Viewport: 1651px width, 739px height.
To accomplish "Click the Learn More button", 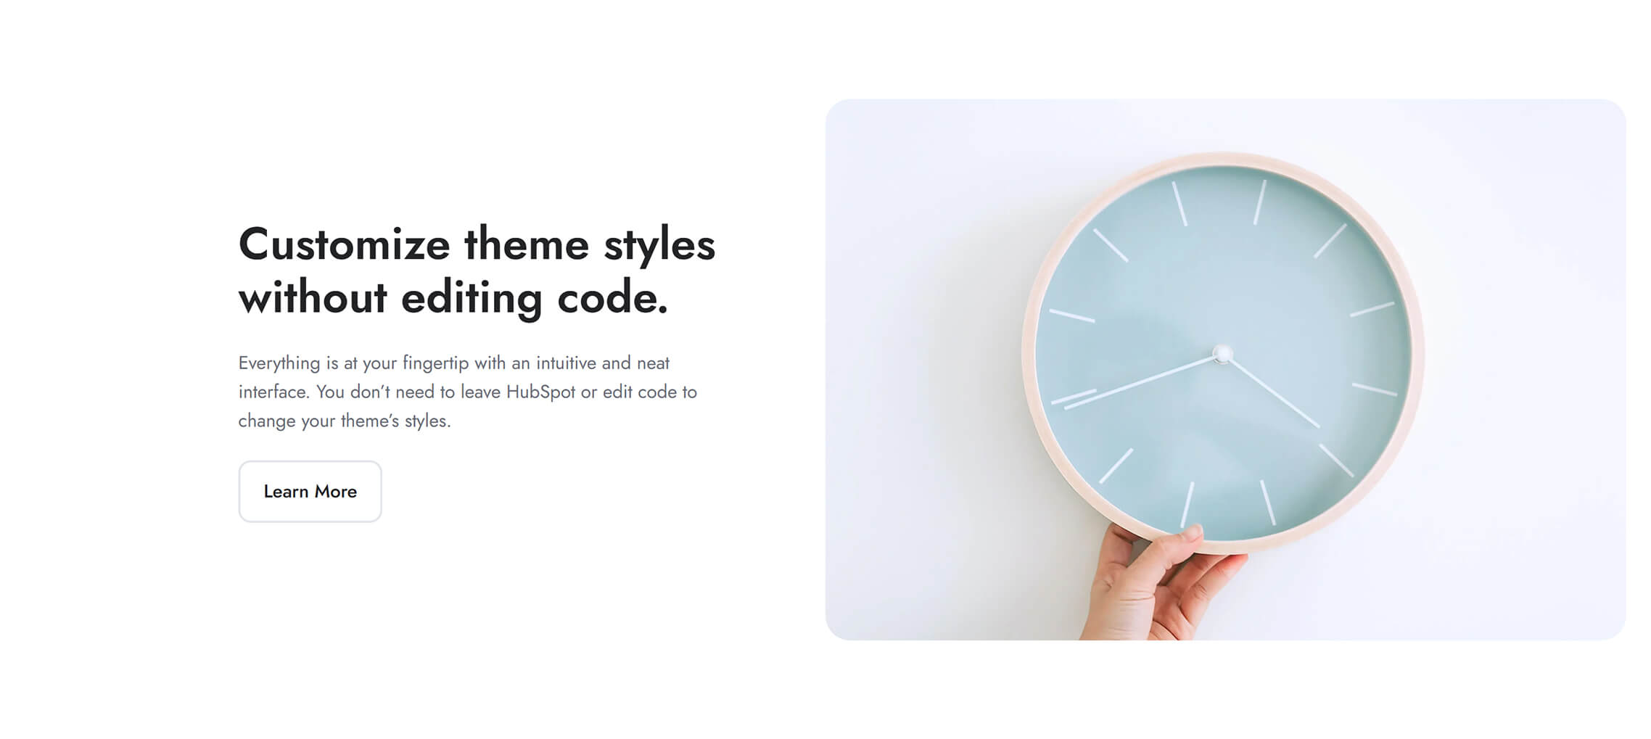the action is [x=310, y=491].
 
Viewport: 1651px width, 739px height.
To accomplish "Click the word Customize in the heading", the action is [x=344, y=244].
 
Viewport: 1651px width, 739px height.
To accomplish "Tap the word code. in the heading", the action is [x=612, y=298].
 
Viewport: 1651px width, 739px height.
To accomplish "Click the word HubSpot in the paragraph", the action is [x=540, y=392].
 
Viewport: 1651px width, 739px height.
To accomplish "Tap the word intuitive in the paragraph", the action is [x=566, y=363].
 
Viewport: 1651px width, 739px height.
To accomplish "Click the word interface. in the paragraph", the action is [x=274, y=392].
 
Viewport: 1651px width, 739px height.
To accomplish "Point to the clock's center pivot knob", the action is [x=1222, y=354].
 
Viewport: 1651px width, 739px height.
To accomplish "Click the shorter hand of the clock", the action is [x=1271, y=390].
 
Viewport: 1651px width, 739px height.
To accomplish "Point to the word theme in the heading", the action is [x=527, y=244].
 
